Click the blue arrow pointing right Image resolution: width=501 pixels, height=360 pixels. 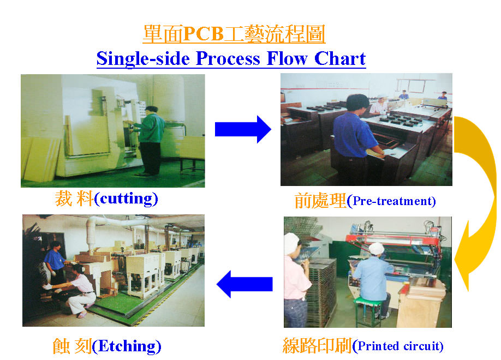(x=243, y=129)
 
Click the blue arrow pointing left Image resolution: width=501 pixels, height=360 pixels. (x=244, y=284)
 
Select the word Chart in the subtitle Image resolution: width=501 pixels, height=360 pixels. (x=340, y=58)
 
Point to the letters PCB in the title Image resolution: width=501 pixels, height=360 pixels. (x=204, y=33)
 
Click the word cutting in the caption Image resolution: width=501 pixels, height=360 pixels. (x=126, y=199)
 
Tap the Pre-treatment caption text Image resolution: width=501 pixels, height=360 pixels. (x=391, y=201)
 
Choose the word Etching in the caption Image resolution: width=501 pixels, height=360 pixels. (x=127, y=346)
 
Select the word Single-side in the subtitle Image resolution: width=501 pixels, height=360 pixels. (x=143, y=59)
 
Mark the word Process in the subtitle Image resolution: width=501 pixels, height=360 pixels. (x=228, y=59)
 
